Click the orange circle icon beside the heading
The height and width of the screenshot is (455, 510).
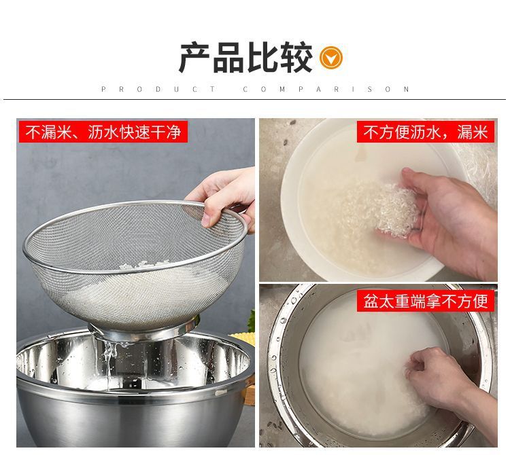(x=330, y=58)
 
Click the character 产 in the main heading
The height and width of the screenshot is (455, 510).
(x=194, y=58)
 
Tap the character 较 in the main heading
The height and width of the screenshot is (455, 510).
(x=296, y=58)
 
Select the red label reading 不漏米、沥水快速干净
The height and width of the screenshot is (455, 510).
(x=103, y=132)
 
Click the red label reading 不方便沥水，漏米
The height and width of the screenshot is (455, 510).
(x=426, y=132)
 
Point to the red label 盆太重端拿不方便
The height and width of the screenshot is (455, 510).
(x=426, y=301)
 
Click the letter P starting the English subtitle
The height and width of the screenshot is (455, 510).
(x=103, y=90)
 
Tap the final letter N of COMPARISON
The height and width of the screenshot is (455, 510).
(x=406, y=90)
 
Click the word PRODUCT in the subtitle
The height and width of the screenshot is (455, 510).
(x=158, y=90)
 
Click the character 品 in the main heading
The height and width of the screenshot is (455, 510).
(x=228, y=58)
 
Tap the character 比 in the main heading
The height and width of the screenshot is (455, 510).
(x=262, y=58)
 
